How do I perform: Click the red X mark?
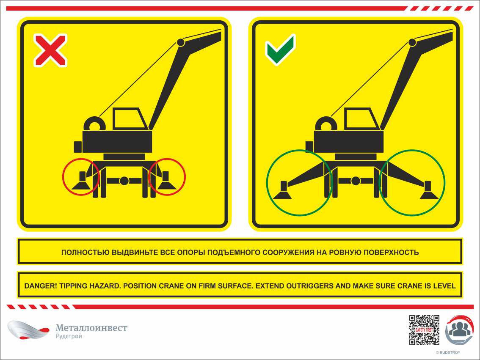tap(50, 50)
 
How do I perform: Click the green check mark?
tap(281, 50)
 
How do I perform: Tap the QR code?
tap(424, 330)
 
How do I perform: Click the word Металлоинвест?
tap(91, 328)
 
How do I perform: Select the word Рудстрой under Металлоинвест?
tap(69, 336)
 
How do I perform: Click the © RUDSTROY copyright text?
tap(448, 353)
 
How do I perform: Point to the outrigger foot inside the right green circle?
tap(429, 190)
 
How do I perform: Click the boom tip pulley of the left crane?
tap(181, 42)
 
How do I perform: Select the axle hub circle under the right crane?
tap(356, 181)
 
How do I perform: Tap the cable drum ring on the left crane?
tap(94, 124)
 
